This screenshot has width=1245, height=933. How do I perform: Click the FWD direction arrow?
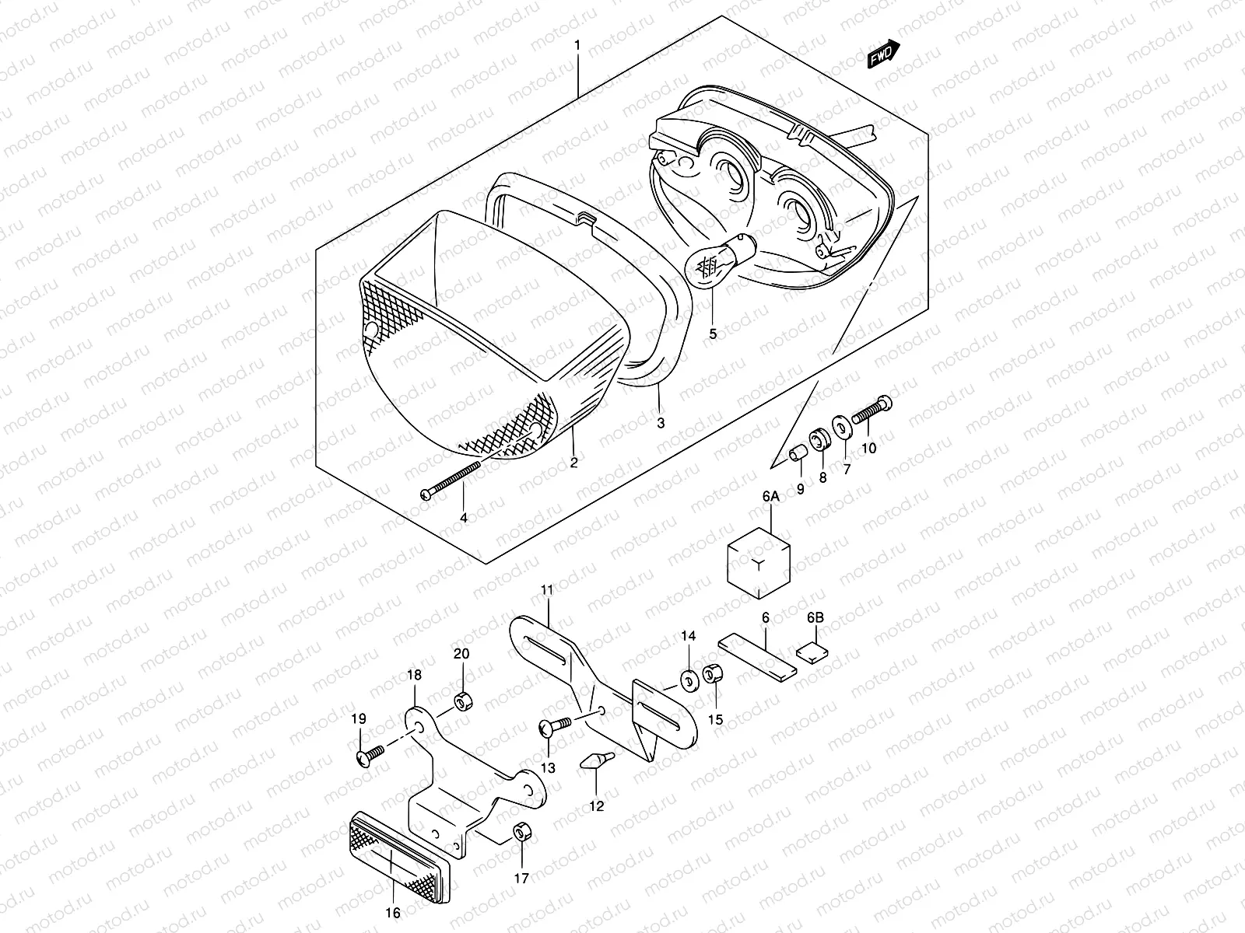tap(883, 55)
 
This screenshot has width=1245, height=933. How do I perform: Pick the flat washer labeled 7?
tap(841, 428)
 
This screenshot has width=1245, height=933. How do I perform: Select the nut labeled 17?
tap(522, 834)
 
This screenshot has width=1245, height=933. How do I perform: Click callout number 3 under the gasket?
tap(661, 423)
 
